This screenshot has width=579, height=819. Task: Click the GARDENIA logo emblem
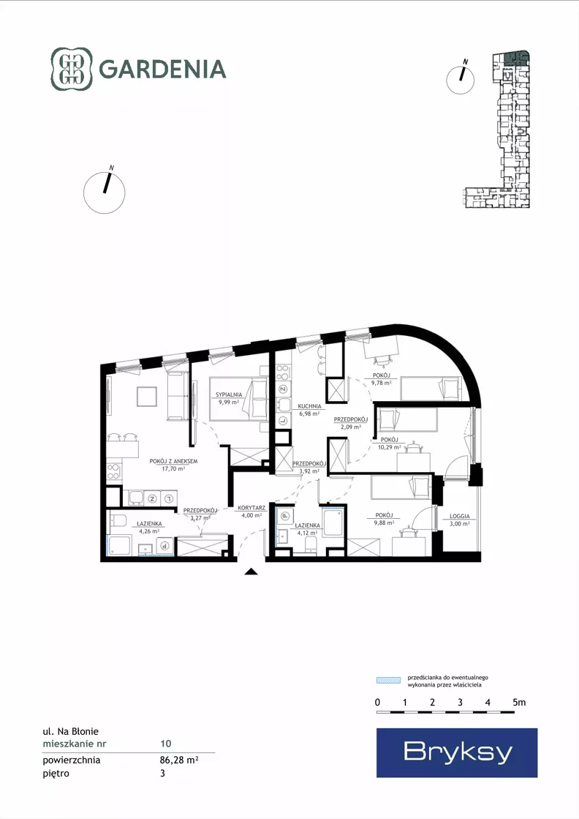(x=71, y=69)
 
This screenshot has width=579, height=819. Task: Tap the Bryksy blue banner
(x=457, y=752)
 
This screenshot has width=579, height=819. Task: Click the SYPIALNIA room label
(x=229, y=395)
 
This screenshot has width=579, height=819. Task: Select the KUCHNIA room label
(x=309, y=406)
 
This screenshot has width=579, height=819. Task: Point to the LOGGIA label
(x=460, y=516)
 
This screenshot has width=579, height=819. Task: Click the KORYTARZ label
(x=251, y=508)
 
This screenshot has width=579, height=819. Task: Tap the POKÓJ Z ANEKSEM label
(x=173, y=461)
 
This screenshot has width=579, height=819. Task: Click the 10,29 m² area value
(x=389, y=447)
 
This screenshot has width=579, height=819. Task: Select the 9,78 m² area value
(x=382, y=382)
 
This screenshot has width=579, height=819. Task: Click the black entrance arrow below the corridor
(x=251, y=571)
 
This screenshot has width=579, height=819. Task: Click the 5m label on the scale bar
(x=519, y=703)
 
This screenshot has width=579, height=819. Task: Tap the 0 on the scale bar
(x=378, y=703)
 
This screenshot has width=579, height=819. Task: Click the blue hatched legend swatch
(x=389, y=680)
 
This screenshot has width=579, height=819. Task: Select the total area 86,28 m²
(x=179, y=760)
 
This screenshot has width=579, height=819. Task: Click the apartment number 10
(x=166, y=744)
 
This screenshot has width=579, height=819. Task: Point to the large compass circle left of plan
(x=105, y=192)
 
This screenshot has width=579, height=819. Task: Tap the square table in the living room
(x=146, y=396)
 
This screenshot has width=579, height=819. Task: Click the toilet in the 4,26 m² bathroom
(x=118, y=521)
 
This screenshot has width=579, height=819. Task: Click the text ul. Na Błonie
(x=70, y=731)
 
